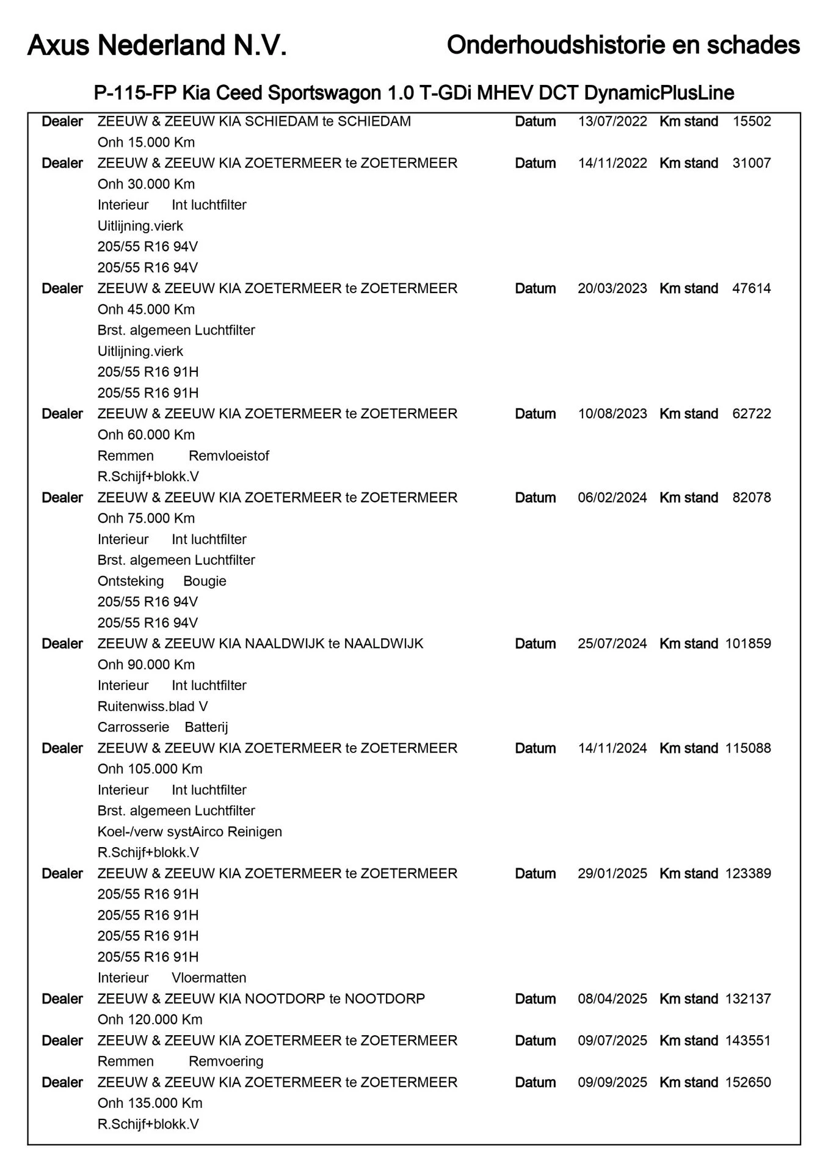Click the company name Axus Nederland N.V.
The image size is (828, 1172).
click(157, 46)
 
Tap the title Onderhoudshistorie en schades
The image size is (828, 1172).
click(623, 45)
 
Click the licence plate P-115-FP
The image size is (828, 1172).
click(136, 93)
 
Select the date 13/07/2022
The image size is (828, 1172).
click(612, 122)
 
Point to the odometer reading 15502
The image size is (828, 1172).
click(751, 122)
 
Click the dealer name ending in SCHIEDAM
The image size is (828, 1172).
click(254, 122)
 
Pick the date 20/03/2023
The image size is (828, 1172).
click(612, 288)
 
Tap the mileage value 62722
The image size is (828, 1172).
click(751, 413)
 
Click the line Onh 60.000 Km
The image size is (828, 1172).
click(146, 435)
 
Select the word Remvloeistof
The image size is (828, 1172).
click(228, 456)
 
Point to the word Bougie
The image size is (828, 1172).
click(205, 581)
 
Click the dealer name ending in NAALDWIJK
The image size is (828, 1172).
click(260, 644)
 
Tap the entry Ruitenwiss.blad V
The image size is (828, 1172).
click(153, 707)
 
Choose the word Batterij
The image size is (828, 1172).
click(206, 727)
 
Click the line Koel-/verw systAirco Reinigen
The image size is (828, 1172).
click(189, 832)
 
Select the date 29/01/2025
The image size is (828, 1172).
click(612, 873)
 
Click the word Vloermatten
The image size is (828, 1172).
click(209, 978)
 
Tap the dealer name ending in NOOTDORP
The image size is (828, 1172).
click(261, 999)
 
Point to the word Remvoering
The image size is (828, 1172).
click(226, 1061)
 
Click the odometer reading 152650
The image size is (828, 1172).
click(747, 1082)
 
